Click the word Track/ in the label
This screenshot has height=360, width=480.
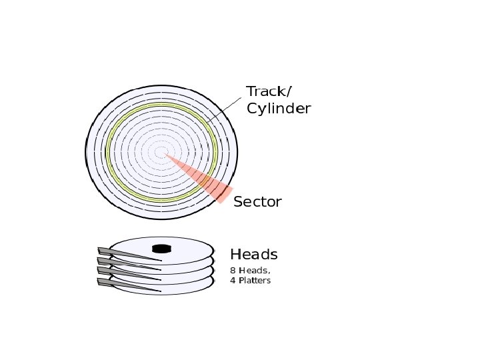click(269, 92)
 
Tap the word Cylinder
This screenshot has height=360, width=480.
click(279, 109)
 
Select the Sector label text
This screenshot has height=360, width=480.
click(257, 202)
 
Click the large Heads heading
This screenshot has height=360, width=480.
click(253, 255)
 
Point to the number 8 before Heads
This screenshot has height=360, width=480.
click(233, 271)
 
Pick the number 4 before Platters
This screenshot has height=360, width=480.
click(233, 281)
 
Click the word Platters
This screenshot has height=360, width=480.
click(254, 281)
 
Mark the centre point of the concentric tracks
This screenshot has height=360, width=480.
click(161, 153)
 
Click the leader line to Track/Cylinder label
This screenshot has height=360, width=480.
click(223, 110)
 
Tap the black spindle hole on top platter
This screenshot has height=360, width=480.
click(161, 249)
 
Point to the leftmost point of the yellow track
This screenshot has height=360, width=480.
click(107, 153)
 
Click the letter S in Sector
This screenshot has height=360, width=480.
click(238, 202)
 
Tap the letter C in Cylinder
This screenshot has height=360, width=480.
click(252, 109)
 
